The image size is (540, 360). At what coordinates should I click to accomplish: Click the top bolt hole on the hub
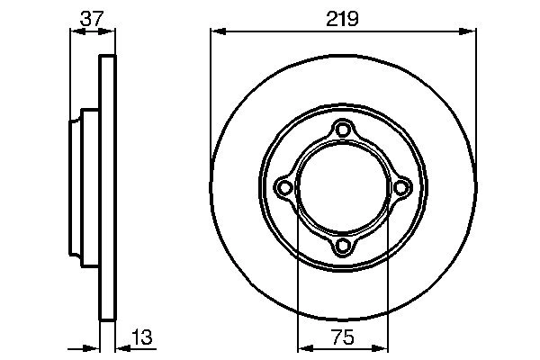coord(342,130)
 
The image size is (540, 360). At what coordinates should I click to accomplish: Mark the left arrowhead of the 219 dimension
coord(217,31)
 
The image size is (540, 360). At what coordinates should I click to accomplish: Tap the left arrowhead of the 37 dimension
coord(76,31)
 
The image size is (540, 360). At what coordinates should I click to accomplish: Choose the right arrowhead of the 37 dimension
coord(111,31)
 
